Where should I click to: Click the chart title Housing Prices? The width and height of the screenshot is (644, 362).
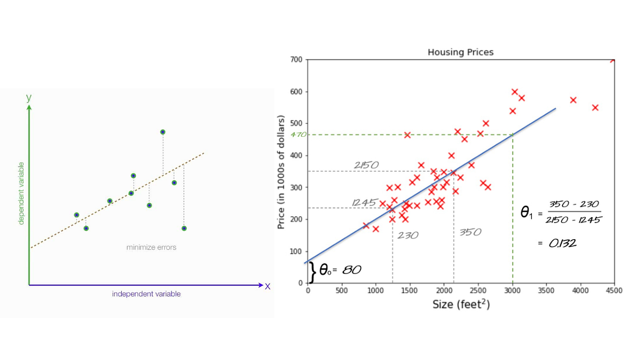point(460,52)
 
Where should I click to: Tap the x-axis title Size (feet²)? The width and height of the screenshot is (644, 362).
point(461,305)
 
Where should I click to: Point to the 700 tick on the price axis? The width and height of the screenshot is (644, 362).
point(296,60)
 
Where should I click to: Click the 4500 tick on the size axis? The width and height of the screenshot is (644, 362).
point(614,291)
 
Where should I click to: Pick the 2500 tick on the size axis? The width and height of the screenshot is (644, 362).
point(478,291)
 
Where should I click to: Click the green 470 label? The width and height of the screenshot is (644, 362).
point(298,135)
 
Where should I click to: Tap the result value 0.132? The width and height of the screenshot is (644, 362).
point(562,243)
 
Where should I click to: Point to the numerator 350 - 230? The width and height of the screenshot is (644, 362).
point(574,205)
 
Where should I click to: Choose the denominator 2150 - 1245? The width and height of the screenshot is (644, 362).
point(573,219)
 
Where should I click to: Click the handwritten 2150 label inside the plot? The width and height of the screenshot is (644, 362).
point(367,165)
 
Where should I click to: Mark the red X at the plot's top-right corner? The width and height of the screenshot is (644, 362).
point(613,60)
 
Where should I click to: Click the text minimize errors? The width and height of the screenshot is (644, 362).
point(151,247)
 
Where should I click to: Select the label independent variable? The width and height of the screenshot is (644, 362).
point(146,294)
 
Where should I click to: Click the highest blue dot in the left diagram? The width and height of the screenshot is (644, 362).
point(163,132)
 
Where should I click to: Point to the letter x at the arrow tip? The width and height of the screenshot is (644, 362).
point(268,286)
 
